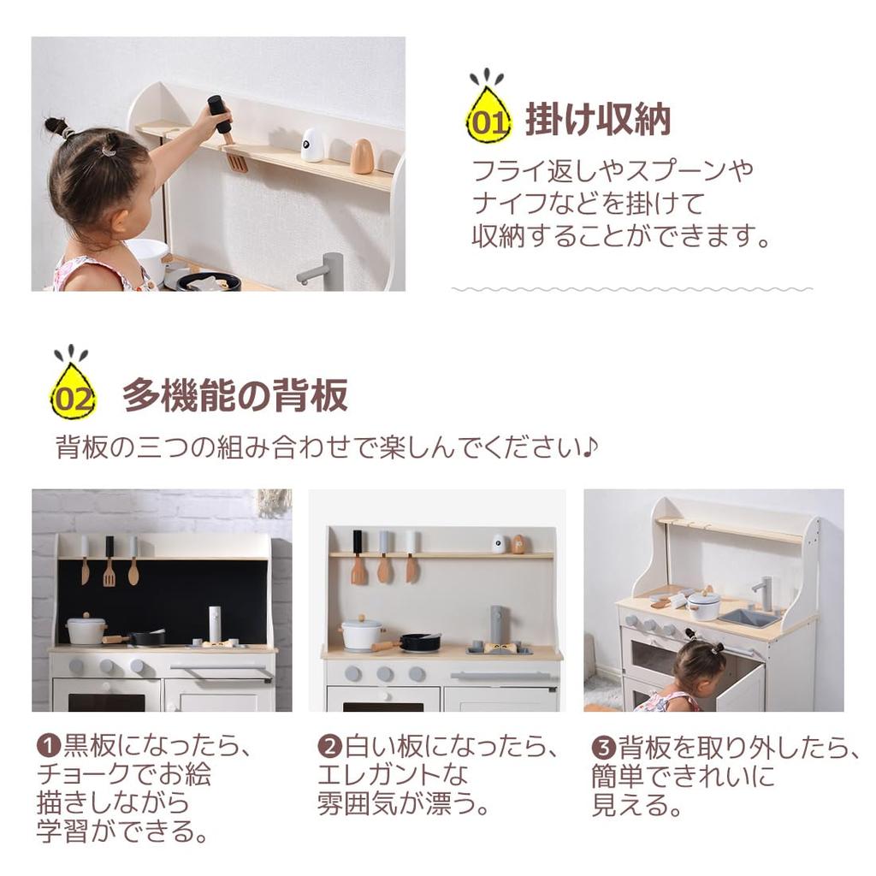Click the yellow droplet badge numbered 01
488,117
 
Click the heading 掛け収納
597,120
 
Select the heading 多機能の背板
235,395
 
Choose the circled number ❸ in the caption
604,746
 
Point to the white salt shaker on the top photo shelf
313,145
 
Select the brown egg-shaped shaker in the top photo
362,156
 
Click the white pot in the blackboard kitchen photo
86,630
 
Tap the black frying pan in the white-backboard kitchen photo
420,642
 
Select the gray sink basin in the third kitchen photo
747,616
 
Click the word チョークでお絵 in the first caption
123,775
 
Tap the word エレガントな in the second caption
393,775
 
